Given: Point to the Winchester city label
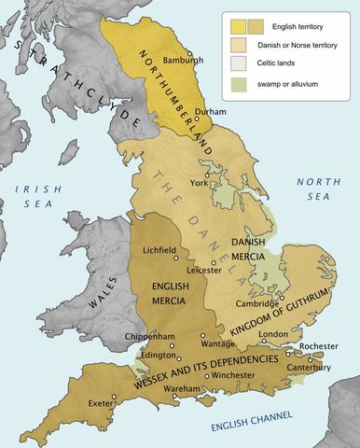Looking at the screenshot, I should point(226,377).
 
